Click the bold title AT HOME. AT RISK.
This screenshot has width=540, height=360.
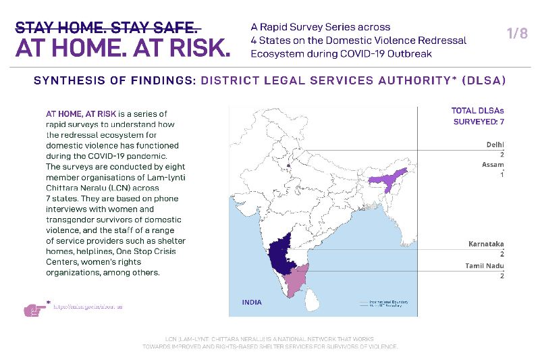pos(122,48)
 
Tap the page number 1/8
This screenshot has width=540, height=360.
pos(516,34)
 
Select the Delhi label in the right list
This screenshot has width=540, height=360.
pos(495,145)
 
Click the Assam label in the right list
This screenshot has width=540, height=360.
pos(493,164)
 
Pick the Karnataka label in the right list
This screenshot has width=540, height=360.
pos(486,244)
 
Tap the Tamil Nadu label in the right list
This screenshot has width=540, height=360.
pos(484,266)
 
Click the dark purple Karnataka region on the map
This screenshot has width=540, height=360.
pos(283,256)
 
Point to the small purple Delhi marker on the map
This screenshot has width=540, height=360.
pos(289,163)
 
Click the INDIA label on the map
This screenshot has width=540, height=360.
pos(252,302)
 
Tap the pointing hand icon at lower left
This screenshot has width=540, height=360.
pos(34,309)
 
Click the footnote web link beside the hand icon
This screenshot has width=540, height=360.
pos(88,307)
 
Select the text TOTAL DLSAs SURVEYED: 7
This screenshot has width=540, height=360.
pos(477,116)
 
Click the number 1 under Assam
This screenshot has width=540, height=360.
pos(502,174)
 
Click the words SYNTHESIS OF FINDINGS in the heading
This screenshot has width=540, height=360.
pos(113,80)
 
